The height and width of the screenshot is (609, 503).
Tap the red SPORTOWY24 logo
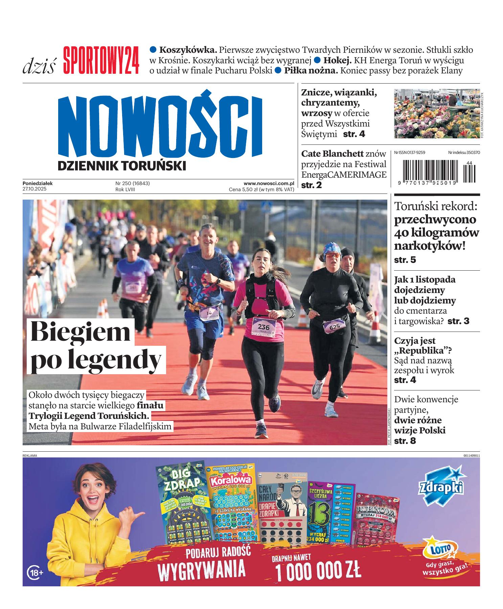pyautogui.click(x=101, y=61)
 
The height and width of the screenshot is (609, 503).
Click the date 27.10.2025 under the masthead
pyautogui.click(x=34, y=189)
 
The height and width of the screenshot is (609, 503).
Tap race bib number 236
pyautogui.click(x=264, y=327)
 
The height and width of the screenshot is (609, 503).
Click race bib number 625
pyautogui.click(x=334, y=326)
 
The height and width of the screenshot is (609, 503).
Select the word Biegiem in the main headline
pyautogui.click(x=81, y=332)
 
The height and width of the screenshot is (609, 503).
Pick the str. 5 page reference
pyautogui.click(x=405, y=260)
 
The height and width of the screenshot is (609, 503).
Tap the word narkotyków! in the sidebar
pyautogui.click(x=430, y=246)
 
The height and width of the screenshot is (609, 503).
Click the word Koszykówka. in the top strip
pyautogui.click(x=188, y=50)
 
